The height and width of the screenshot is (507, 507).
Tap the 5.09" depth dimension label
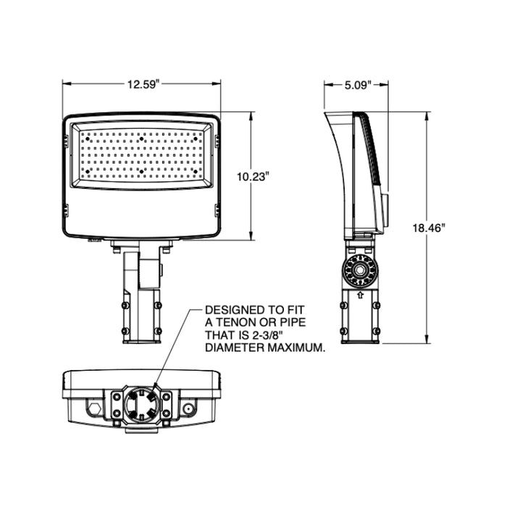tap(357, 84)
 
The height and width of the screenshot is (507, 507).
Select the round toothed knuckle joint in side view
tap(359, 269)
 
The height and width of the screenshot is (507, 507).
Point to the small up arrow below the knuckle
tap(359, 296)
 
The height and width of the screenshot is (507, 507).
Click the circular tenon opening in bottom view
tap(141, 404)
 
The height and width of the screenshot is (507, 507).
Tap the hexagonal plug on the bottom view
tap(93, 408)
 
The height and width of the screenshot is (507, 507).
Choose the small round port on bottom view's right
tap(189, 408)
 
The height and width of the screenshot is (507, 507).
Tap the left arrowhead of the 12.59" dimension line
tap(64, 84)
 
